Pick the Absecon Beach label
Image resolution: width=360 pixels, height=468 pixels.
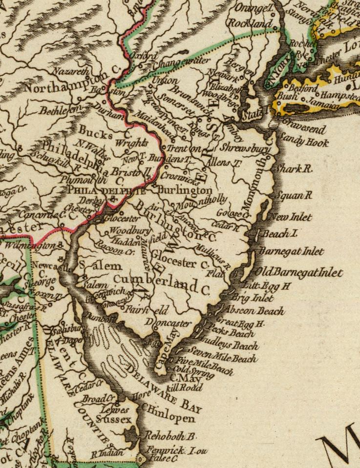pyautogui.click(x=259, y=310)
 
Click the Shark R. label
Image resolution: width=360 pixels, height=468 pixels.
pyautogui.click(x=294, y=169)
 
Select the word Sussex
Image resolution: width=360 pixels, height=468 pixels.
pyautogui.click(x=113, y=420)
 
